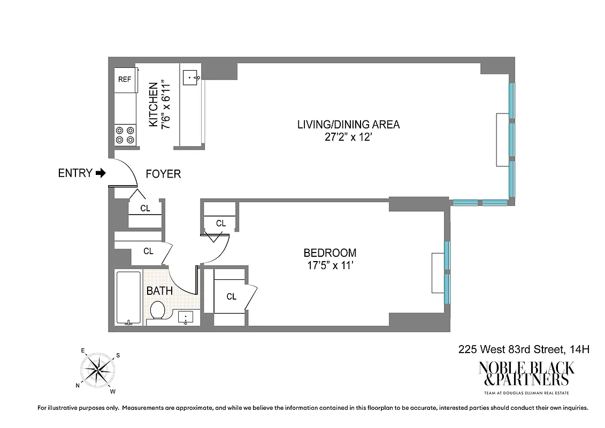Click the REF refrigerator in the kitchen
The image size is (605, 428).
coord(125,79)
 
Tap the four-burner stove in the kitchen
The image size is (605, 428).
coord(125,134)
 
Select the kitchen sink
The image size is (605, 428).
coord(191,78)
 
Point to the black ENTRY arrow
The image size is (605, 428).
coord(101,173)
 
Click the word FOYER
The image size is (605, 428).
coord(163,174)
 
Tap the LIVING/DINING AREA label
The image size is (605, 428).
coord(348,125)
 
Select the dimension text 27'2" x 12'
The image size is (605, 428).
coord(348,137)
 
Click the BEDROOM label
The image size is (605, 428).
coord(330,253)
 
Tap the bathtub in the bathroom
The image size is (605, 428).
coord(128,299)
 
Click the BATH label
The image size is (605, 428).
coord(160,291)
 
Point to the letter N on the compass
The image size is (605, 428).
coord(78,385)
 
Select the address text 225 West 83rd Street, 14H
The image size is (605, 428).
coord(524,350)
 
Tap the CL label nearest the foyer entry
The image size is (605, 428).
coord(145,209)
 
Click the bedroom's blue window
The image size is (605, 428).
coord(447,273)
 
